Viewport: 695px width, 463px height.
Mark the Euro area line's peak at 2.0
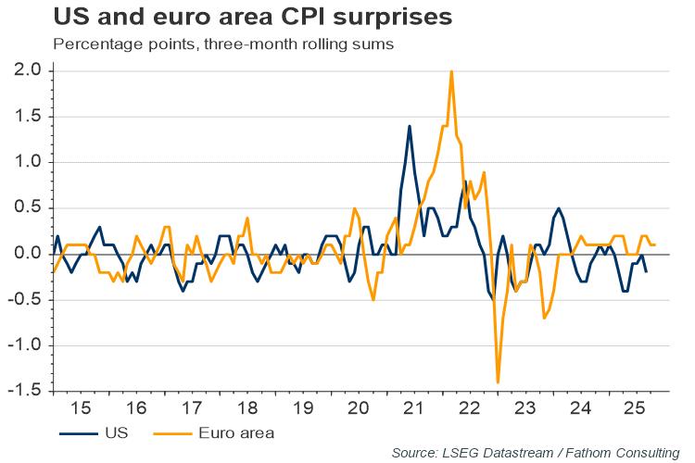(451, 71)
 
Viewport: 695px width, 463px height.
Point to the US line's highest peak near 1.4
(409, 126)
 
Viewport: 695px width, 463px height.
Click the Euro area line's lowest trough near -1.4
(498, 382)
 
